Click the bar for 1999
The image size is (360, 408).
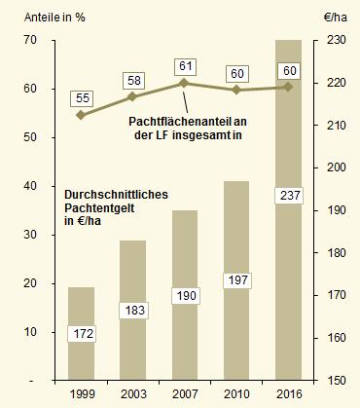(81, 331)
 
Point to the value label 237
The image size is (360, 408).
(288, 196)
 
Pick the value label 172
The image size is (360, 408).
(81, 334)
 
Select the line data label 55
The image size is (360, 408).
(81, 98)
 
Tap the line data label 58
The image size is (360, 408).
(133, 80)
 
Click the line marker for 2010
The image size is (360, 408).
(236, 90)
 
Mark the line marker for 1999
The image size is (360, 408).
(81, 115)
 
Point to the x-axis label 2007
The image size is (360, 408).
(185, 393)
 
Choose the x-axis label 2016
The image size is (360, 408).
(288, 393)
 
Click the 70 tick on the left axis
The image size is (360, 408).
(31, 40)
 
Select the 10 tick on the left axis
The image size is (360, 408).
(31, 331)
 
